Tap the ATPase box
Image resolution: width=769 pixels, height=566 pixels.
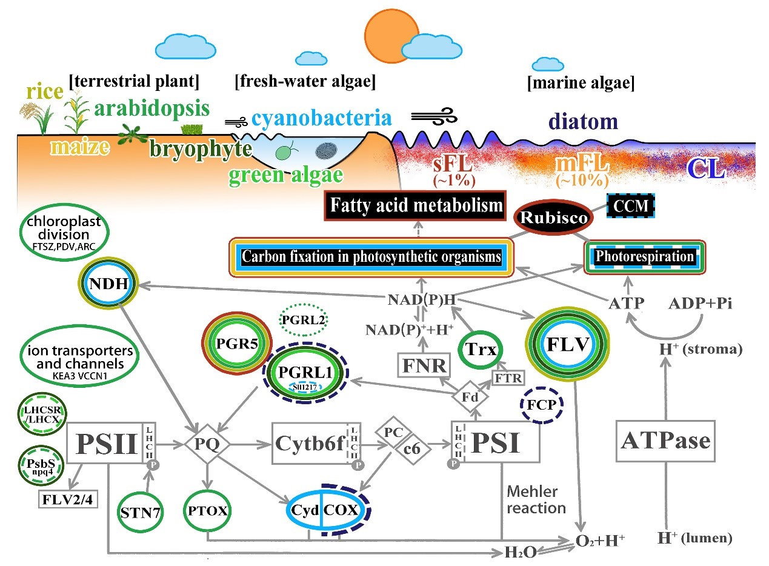[x=665, y=440]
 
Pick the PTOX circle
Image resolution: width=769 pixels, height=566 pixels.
[x=208, y=510]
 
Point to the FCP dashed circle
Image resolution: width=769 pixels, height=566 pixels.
[x=542, y=404]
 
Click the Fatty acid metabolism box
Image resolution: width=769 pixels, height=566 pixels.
[x=416, y=205]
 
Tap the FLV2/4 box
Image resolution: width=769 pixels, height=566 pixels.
[x=67, y=499]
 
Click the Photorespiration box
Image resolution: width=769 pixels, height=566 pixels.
[x=644, y=257]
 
